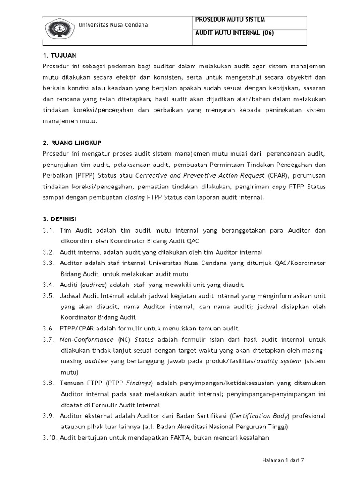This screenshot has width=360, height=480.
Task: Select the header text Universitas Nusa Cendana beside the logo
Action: [112, 25]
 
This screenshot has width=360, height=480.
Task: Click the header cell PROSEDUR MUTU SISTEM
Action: [230, 20]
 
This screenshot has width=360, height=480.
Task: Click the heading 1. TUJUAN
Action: [59, 55]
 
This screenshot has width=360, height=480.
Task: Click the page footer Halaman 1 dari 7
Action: [283, 460]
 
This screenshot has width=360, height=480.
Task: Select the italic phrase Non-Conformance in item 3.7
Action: [87, 339]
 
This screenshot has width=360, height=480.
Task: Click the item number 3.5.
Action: [48, 296]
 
